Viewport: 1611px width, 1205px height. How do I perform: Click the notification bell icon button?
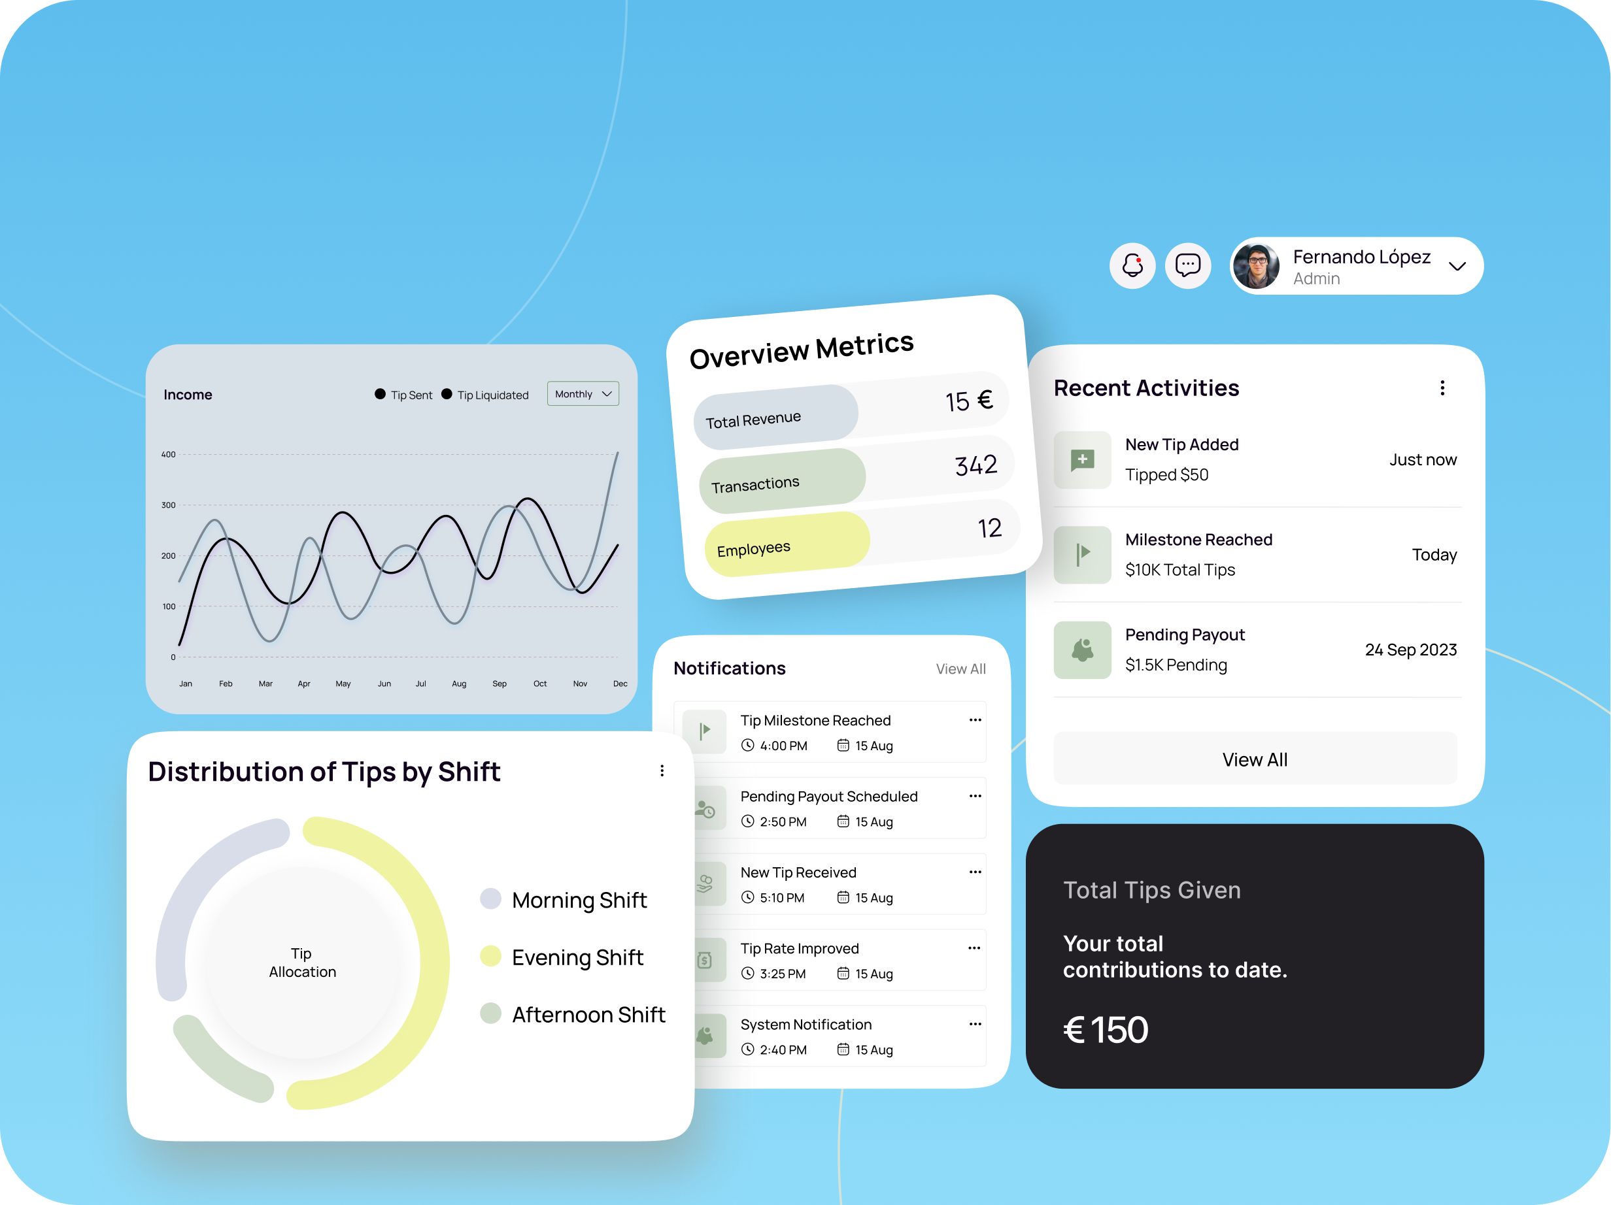point(1132,265)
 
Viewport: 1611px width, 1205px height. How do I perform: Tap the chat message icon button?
point(1188,265)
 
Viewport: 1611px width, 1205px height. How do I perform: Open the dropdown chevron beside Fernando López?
point(1457,267)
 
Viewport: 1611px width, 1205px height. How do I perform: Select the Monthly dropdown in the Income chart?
point(583,394)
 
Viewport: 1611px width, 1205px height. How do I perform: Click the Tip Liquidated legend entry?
point(485,395)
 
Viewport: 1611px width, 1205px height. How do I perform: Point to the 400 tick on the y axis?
point(168,454)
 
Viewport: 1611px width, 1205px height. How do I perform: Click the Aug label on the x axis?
point(459,684)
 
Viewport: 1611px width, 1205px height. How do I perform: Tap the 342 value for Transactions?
point(976,465)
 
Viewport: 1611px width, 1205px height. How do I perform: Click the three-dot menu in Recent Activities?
point(1442,388)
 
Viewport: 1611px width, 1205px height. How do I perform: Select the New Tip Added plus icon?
point(1082,460)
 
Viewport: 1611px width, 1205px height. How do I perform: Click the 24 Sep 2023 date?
point(1411,650)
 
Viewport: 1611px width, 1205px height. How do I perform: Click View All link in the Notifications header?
point(960,669)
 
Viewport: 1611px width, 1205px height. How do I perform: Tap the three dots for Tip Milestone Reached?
point(975,720)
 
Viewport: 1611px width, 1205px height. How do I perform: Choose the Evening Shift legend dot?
point(491,956)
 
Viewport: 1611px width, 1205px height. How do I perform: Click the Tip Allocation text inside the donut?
point(302,963)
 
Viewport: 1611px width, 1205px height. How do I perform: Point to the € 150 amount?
point(1106,1029)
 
